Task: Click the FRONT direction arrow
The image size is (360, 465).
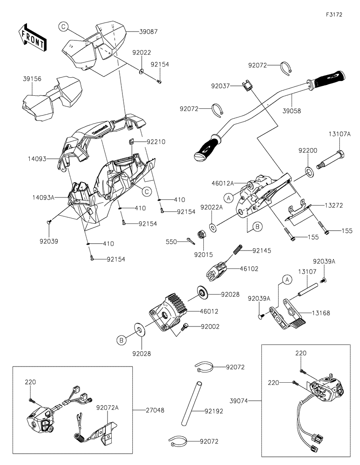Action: pos(31,38)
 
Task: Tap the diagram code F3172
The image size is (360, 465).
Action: pos(334,14)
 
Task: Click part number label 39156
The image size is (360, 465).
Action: pos(32,78)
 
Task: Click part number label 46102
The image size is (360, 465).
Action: pos(249,268)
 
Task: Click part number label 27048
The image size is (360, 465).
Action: pos(155,410)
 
